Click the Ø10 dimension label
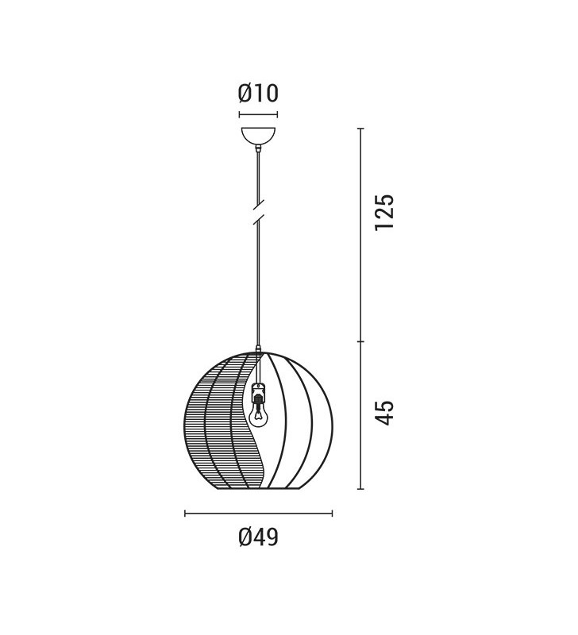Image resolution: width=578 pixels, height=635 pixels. pyautogui.click(x=258, y=93)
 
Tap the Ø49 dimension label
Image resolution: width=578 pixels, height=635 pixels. pyautogui.click(x=258, y=537)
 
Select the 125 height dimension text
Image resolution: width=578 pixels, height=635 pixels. pyautogui.click(x=384, y=213)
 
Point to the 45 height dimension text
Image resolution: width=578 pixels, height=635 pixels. pyautogui.click(x=384, y=413)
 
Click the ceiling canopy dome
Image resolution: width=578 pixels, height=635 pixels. pyautogui.click(x=258, y=135)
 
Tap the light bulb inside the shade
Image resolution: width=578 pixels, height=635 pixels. pyautogui.click(x=257, y=415)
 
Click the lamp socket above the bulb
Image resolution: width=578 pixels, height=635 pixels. pyautogui.click(x=257, y=392)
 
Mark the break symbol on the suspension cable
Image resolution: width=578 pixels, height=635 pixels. pyautogui.click(x=258, y=212)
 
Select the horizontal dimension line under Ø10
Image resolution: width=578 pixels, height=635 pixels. pyautogui.click(x=258, y=115)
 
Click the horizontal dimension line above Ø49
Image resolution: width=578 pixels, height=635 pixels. pyautogui.click(x=258, y=514)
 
